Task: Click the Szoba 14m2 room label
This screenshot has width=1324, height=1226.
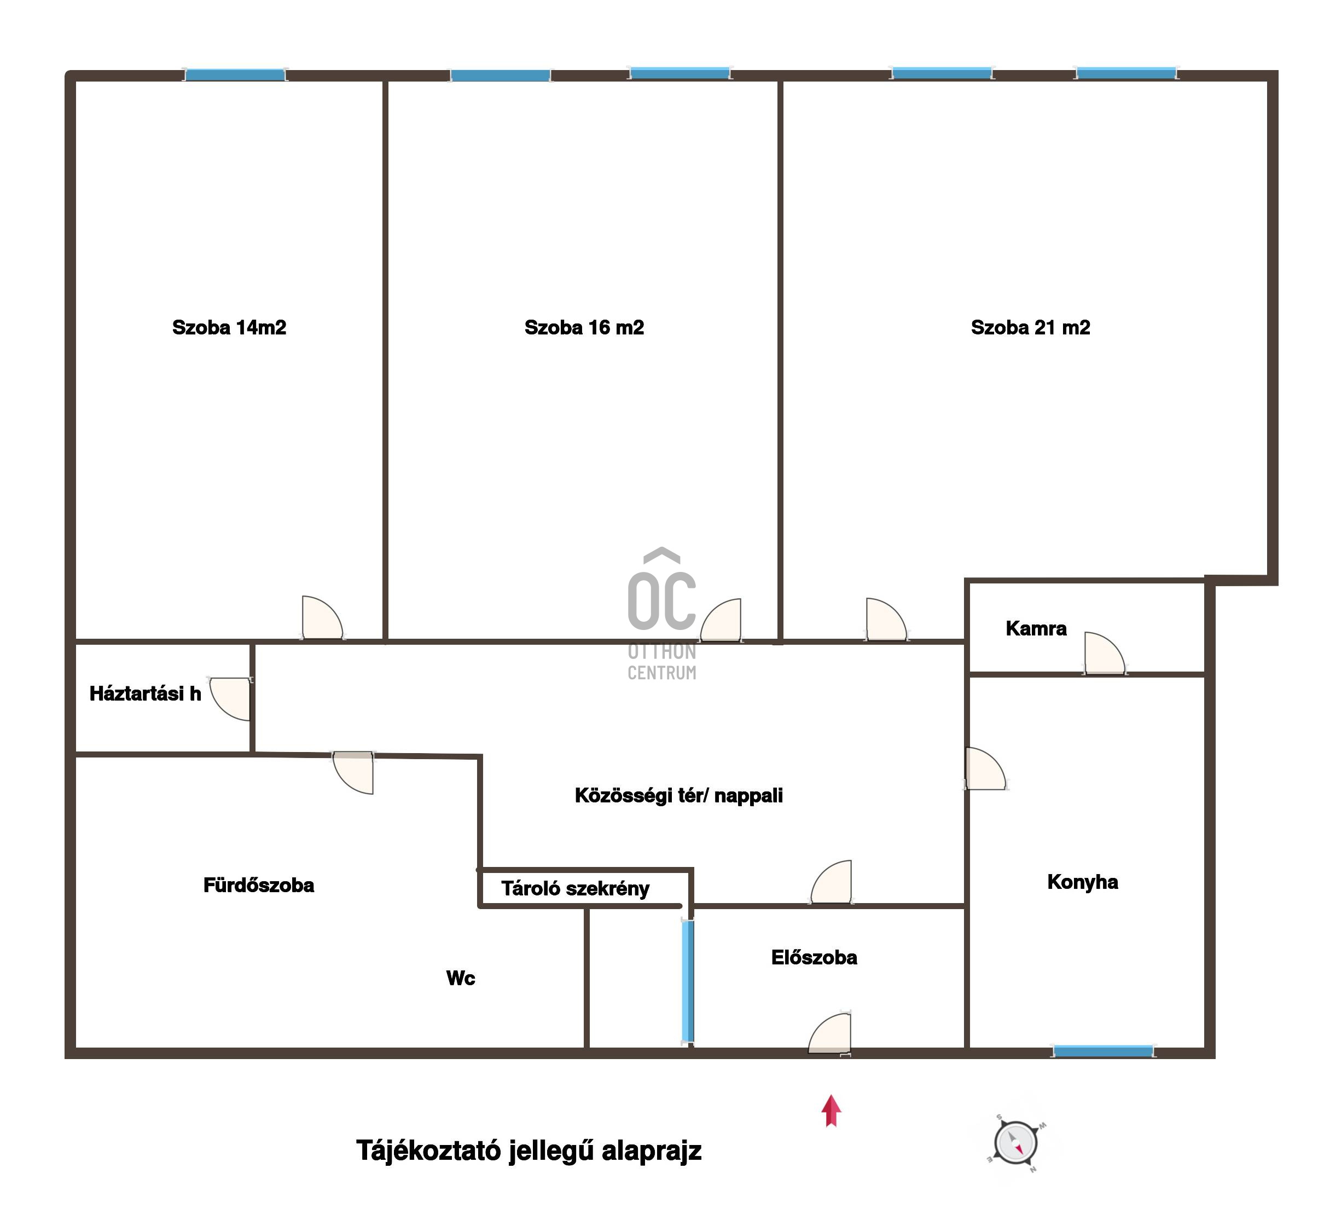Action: coord(229,327)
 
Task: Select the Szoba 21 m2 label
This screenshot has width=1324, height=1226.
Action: coord(1030,327)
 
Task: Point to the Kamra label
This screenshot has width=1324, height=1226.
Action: coord(1036,628)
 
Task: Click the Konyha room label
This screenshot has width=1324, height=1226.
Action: coord(1082,882)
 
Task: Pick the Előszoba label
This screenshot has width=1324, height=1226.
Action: coord(814,957)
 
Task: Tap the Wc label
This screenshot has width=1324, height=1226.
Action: coord(460,978)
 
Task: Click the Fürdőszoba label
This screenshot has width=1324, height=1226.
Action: coord(259,885)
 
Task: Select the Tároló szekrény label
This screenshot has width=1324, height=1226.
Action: coord(575,888)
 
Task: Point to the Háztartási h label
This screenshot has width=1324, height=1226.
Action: coord(145,693)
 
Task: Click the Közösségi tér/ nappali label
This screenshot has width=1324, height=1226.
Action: coord(678,795)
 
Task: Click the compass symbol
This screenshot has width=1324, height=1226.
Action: coord(1015,1143)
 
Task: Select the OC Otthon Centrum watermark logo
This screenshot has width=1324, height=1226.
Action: coord(661,614)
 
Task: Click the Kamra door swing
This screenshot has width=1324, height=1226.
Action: coord(1104,654)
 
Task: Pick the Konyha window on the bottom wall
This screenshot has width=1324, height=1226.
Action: coord(1102,1051)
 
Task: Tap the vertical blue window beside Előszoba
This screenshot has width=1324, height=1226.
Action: coord(688,981)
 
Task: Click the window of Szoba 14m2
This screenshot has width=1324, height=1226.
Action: coord(235,74)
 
